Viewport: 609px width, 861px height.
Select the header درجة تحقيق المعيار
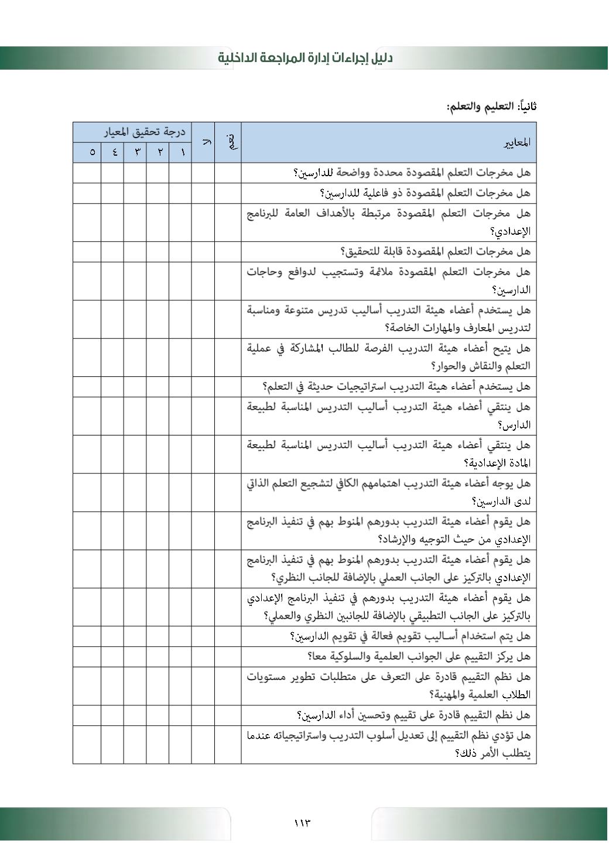click(x=144, y=132)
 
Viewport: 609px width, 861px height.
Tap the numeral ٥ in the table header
click(x=91, y=153)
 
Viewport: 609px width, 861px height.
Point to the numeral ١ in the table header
click(x=183, y=153)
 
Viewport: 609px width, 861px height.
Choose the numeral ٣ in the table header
click(x=137, y=153)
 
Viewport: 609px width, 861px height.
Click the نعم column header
click(x=231, y=142)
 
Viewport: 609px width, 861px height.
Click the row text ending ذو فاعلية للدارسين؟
click(x=425, y=193)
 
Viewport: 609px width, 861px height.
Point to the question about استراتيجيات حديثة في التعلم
click(x=396, y=386)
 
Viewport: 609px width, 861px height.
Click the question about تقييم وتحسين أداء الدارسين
click(x=413, y=715)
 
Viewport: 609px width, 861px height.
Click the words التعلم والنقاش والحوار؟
click(x=480, y=366)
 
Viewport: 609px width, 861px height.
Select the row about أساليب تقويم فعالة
click(x=410, y=636)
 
